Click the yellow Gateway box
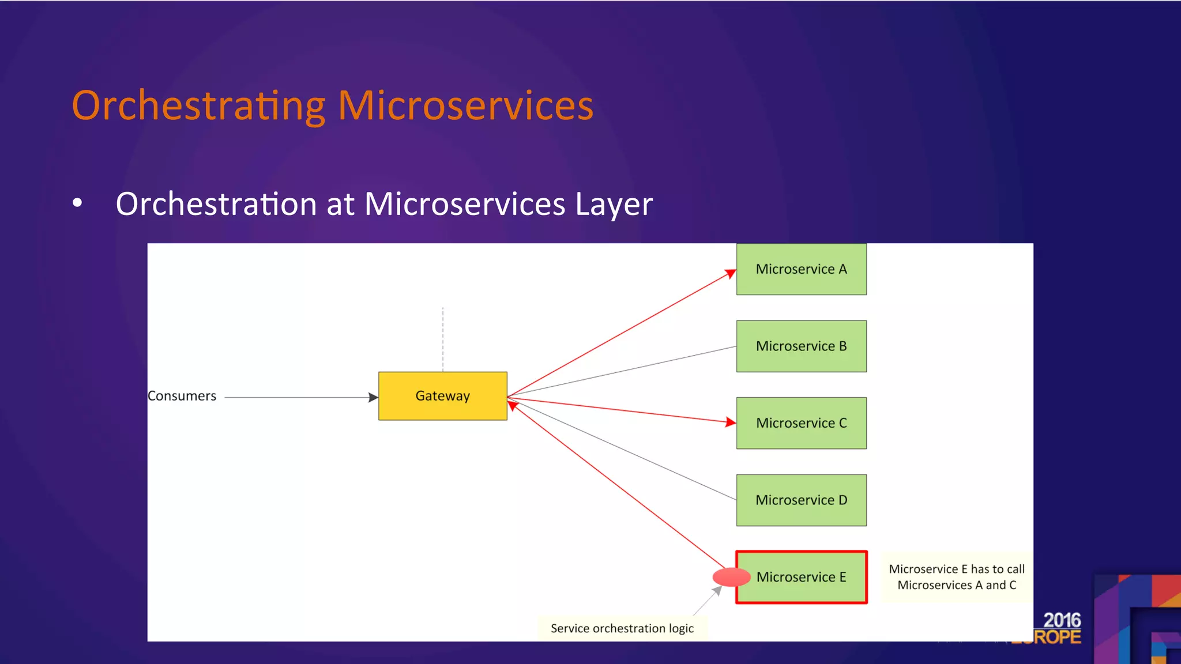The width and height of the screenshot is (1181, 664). pyautogui.click(x=442, y=396)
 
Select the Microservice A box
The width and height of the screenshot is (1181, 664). pyautogui.click(x=801, y=269)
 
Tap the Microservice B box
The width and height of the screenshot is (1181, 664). pyautogui.click(x=801, y=346)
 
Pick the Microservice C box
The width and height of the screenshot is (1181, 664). pyautogui.click(x=801, y=423)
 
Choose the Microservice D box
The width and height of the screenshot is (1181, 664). pyautogui.click(x=801, y=500)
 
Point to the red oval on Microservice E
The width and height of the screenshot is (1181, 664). pyautogui.click(x=730, y=577)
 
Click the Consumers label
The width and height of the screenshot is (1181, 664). pyautogui.click(x=182, y=396)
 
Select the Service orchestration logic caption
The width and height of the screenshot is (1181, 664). pyautogui.click(x=622, y=628)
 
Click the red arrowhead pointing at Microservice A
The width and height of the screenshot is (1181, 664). pyautogui.click(x=731, y=273)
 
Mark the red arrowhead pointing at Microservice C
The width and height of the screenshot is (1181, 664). pyautogui.click(x=731, y=422)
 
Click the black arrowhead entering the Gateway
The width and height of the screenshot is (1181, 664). pyautogui.click(x=373, y=397)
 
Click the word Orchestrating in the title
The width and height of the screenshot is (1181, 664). pyautogui.click(x=198, y=106)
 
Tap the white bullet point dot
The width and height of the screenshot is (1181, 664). pyautogui.click(x=77, y=203)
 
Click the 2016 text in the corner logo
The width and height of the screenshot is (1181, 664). pyautogui.click(x=1062, y=620)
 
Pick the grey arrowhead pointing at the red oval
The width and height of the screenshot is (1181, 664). pyautogui.click(x=717, y=591)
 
